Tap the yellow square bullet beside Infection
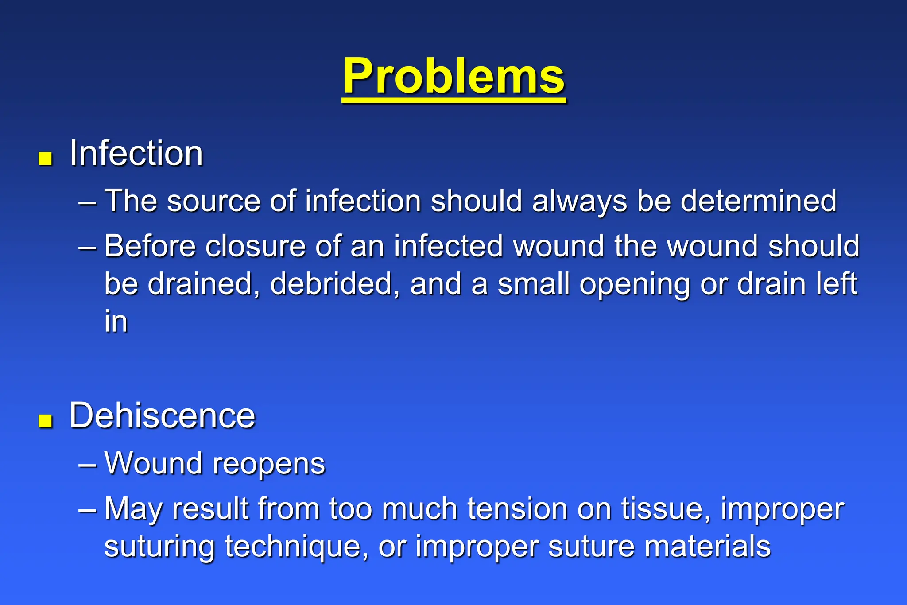(45, 158)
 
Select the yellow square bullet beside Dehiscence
(45, 421)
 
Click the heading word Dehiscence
(162, 416)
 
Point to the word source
(213, 202)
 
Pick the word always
(579, 202)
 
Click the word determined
(758, 202)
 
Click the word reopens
(268, 464)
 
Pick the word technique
(296, 547)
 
